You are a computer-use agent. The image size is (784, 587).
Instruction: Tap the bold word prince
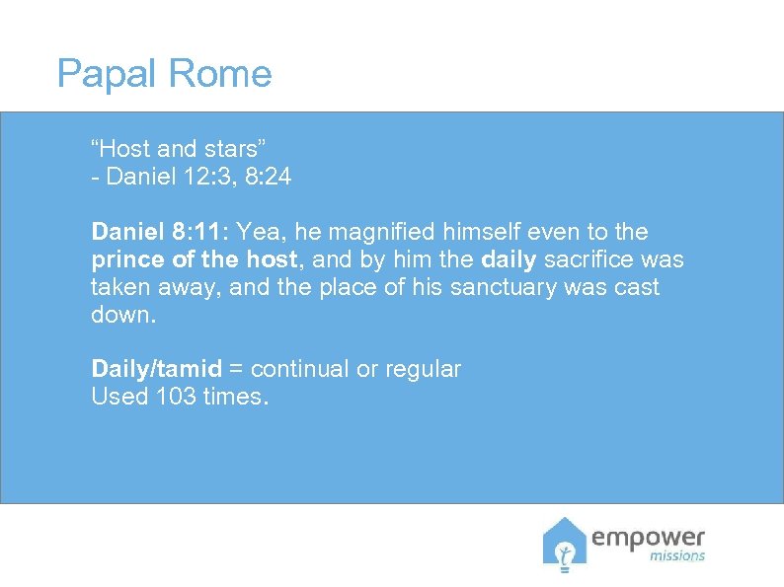pos(122,259)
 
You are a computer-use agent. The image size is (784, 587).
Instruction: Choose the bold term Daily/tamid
pos(157,369)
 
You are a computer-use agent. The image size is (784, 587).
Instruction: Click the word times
pos(233,397)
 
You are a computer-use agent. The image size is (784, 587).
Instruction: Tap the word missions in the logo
pos(676,555)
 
